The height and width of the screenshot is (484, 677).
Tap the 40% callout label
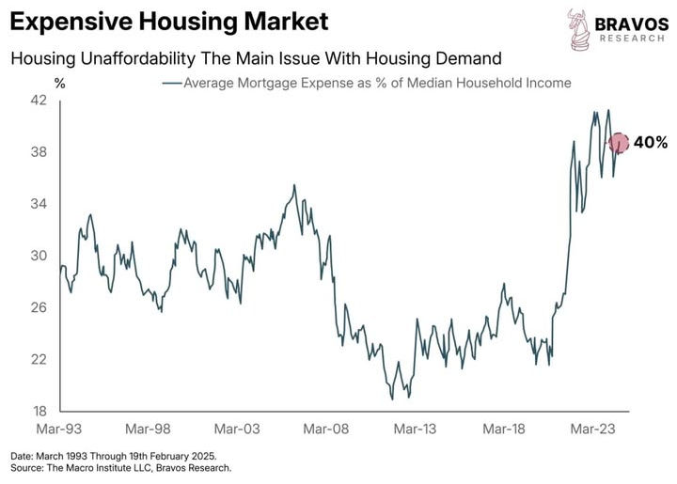[650, 143]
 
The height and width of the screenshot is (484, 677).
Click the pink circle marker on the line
[619, 143]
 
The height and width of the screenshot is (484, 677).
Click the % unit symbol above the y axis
[60, 83]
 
